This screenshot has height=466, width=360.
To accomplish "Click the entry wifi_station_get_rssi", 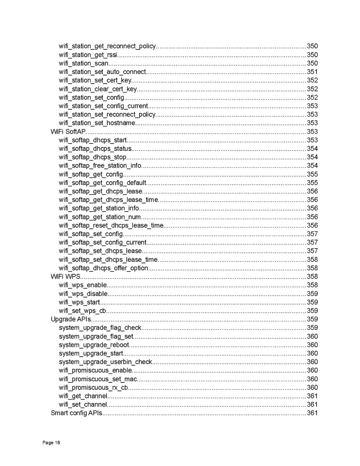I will tap(88, 55).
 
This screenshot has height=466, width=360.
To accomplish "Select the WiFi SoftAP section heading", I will tap(68, 131).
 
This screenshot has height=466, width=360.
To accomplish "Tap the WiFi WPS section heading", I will tap(65, 277).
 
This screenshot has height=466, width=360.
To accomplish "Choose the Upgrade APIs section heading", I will tap(71, 319).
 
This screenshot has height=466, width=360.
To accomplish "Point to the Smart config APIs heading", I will tap(77, 413).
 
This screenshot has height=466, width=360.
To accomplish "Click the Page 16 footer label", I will tap(51, 443).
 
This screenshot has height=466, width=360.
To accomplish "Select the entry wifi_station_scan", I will tap(84, 63).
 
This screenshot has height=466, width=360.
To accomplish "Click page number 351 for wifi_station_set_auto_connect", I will tap(312, 72).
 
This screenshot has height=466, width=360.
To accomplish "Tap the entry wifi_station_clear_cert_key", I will tap(98, 89).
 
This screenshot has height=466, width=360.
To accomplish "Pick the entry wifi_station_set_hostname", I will tap(97, 123).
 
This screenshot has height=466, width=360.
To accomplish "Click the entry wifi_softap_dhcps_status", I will tap(95, 149).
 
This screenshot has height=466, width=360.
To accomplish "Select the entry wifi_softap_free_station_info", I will tap(100, 166).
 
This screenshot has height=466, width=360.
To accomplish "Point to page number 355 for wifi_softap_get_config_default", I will tap(312, 183).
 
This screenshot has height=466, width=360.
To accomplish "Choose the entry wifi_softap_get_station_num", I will tap(100, 217).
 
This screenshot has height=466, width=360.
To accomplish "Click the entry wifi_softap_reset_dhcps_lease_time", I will tap(111, 226).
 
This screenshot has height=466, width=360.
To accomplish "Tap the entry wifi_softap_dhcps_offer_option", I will tap(103, 268).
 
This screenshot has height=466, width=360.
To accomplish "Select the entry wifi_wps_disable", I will tap(83, 294).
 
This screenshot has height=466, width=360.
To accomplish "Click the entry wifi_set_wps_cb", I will tap(82, 311).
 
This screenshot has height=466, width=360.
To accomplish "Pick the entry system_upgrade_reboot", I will tap(94, 345).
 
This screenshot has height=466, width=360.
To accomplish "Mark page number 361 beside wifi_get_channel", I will tap(312, 396).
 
